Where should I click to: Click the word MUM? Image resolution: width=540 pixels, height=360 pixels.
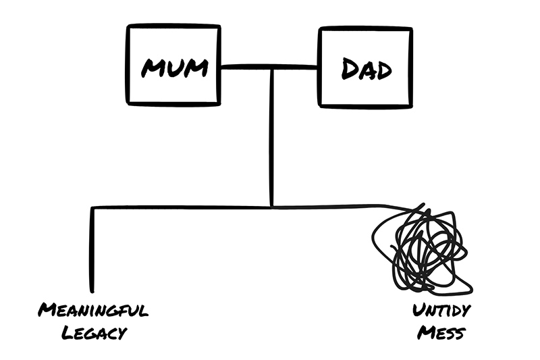pyautogui.click(x=175, y=68)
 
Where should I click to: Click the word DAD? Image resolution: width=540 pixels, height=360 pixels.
pyautogui.click(x=367, y=70)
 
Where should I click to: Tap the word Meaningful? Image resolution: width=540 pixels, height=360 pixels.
pyautogui.click(x=93, y=310)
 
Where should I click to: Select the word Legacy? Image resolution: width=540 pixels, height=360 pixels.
pyautogui.click(x=94, y=332)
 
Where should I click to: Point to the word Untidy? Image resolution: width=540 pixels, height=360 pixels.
pyautogui.click(x=441, y=311)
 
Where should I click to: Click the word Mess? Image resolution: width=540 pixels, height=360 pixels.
pyautogui.click(x=441, y=333)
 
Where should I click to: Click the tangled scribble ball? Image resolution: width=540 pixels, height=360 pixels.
pyautogui.click(x=423, y=250)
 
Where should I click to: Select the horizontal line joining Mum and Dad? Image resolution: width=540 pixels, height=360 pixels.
pyautogui.click(x=269, y=66)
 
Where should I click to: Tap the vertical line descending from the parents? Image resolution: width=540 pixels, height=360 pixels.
pyautogui.click(x=272, y=138)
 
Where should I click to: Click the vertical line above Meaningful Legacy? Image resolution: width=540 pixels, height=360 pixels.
pyautogui.click(x=92, y=250)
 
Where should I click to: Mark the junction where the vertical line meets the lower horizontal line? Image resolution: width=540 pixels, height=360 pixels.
pyautogui.click(x=272, y=207)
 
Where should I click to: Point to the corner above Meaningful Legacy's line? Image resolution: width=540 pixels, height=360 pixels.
pyautogui.click(x=92, y=208)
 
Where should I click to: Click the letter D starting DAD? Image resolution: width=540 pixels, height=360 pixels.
pyautogui.click(x=349, y=68)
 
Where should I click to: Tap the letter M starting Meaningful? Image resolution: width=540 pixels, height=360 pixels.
pyautogui.click(x=47, y=309)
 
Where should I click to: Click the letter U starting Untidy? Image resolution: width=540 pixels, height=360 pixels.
pyautogui.click(x=418, y=310)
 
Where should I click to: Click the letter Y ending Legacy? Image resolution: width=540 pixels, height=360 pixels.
pyautogui.click(x=122, y=334)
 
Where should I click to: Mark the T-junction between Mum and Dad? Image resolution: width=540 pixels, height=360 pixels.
pyautogui.click(x=272, y=67)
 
